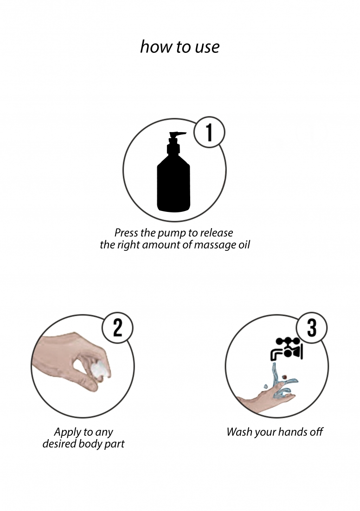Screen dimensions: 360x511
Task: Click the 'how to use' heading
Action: (180, 47)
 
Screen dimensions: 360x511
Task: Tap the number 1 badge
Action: (209, 133)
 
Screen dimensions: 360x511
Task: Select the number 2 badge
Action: (117, 327)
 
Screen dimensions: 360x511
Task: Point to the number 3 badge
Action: (312, 327)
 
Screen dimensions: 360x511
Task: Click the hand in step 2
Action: (72, 362)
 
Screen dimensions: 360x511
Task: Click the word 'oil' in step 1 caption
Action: (244, 244)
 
